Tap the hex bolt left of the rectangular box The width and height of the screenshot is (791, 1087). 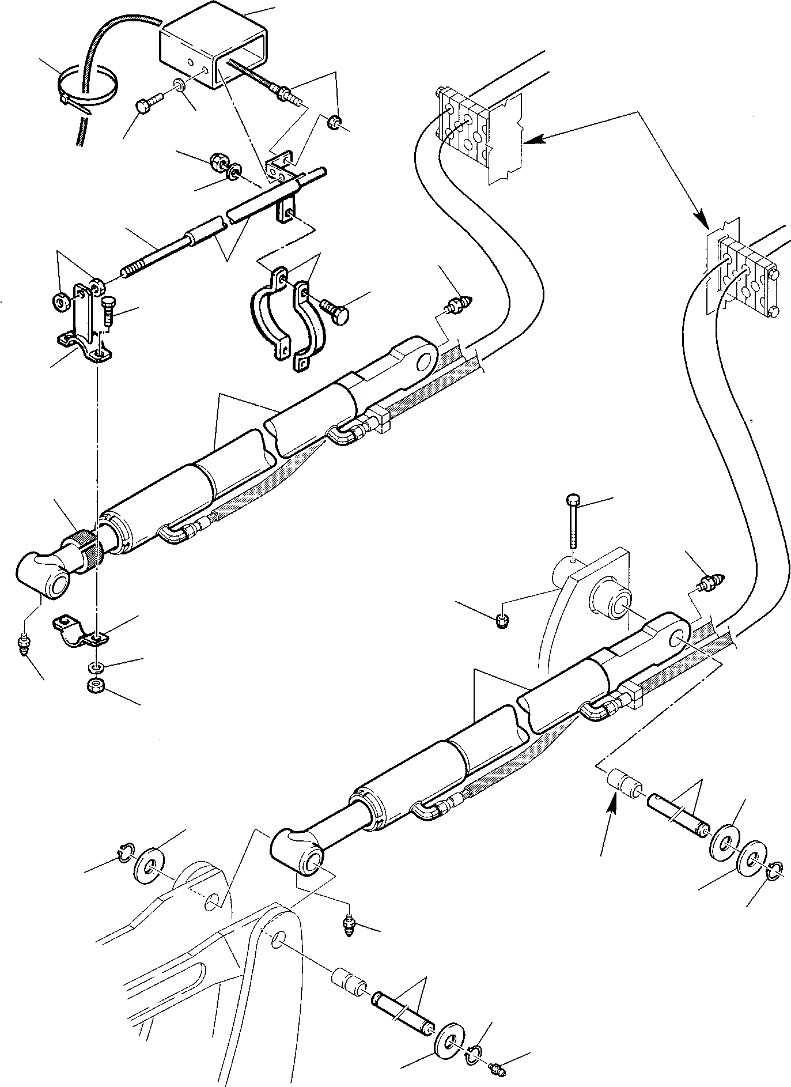145,106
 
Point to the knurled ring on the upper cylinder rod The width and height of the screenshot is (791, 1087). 82,550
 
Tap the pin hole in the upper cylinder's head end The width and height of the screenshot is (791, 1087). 427,361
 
